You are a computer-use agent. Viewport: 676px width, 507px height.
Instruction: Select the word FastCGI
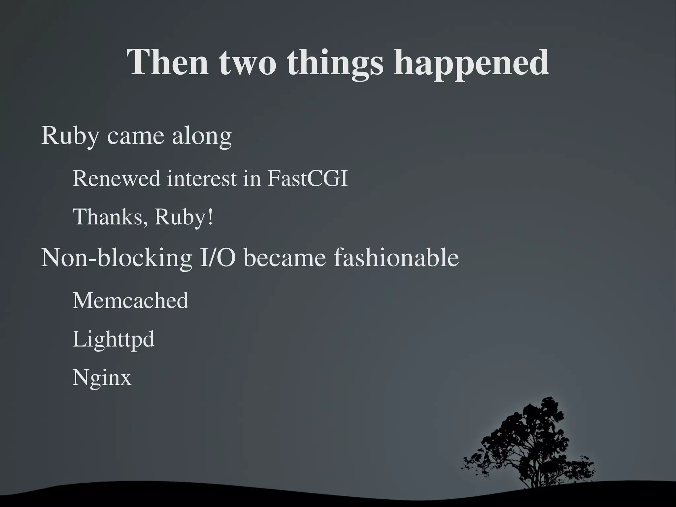pyautogui.click(x=307, y=178)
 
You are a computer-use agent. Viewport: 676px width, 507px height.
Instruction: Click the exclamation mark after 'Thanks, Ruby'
pyautogui.click(x=210, y=217)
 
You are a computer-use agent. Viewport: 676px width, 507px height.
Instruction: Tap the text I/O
pyautogui.click(x=218, y=258)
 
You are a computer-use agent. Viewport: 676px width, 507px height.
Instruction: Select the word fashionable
pyautogui.click(x=396, y=258)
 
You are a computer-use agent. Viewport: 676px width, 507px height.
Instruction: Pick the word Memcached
pyautogui.click(x=130, y=301)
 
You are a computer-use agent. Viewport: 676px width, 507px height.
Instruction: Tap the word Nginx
pyautogui.click(x=102, y=378)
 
